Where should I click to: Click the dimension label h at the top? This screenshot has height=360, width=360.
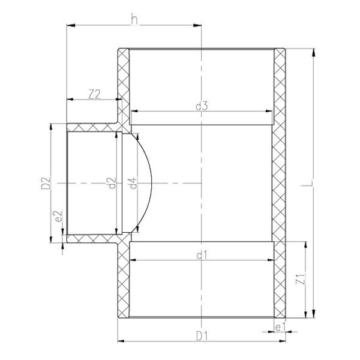[x=134, y=19]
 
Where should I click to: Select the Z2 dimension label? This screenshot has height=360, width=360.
[x=95, y=94]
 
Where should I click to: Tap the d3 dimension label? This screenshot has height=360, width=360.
[x=202, y=106]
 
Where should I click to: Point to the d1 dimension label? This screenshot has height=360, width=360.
[x=202, y=255]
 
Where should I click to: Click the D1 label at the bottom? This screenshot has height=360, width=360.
[x=202, y=337]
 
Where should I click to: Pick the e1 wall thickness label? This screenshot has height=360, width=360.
[x=280, y=327]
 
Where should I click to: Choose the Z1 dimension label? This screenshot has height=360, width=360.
[x=301, y=279]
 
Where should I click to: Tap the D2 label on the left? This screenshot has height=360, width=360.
[x=45, y=183]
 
